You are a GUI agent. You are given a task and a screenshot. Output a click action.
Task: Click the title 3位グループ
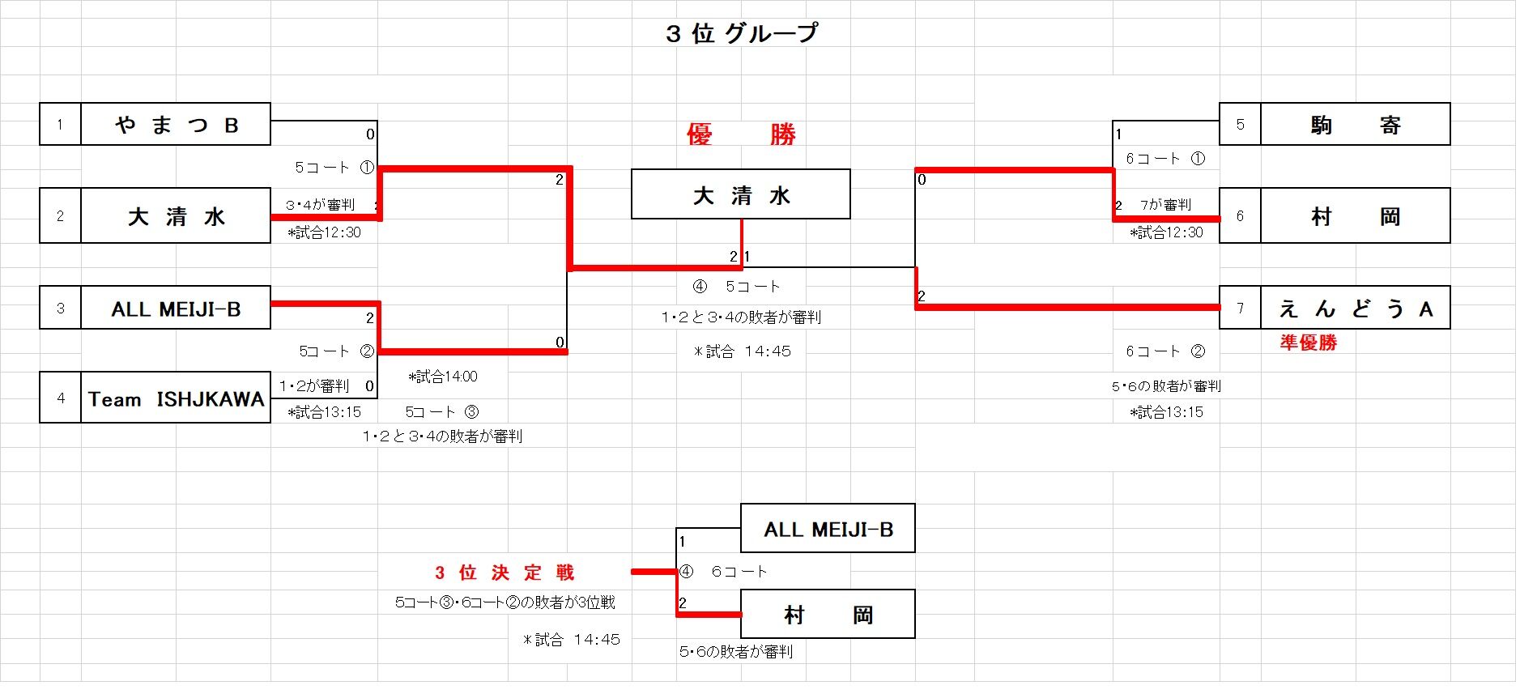741,33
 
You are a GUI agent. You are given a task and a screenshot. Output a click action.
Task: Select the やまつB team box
176,125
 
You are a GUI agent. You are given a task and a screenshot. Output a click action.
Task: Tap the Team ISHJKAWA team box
176,398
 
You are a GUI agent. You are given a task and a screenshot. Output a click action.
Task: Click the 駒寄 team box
1355,125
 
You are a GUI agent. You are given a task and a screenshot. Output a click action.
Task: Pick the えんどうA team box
1355,308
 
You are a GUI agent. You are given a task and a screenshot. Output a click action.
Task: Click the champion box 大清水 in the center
740,194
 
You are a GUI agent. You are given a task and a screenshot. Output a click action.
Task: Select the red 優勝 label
740,134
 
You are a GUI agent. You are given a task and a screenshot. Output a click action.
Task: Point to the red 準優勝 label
1308,343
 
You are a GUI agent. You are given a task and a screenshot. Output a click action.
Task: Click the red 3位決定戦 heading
505,573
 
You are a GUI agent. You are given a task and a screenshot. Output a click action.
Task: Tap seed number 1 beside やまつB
60,125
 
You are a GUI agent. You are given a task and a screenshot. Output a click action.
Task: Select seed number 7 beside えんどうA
1240,308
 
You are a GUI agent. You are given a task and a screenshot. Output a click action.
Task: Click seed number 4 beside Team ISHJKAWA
60,398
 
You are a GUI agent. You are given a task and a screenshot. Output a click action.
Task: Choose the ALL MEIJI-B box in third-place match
828,529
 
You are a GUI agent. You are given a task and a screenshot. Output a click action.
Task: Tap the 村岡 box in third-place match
828,615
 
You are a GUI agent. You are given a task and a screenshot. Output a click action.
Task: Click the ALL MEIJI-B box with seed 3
176,309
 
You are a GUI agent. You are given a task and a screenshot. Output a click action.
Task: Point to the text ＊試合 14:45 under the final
742,351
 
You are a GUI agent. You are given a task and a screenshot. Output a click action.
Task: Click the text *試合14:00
443,377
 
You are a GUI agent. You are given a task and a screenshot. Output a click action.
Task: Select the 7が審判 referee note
1165,205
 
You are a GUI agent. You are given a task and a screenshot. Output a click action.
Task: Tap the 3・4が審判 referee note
320,205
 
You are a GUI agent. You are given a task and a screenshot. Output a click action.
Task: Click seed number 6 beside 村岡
1240,216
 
